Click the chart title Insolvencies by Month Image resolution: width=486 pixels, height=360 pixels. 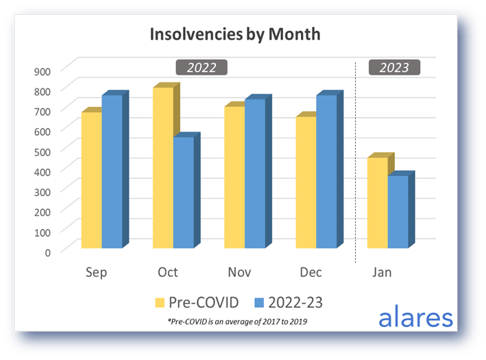pyautogui.click(x=236, y=34)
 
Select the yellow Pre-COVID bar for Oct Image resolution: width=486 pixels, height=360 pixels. pyautogui.click(x=162, y=168)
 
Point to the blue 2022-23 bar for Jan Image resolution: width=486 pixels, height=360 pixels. pyautogui.click(x=398, y=212)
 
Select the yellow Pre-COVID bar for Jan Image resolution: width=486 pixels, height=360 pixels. pyautogui.click(x=376, y=203)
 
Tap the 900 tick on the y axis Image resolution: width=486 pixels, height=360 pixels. pyautogui.click(x=42, y=71)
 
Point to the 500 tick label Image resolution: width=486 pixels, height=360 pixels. pyautogui.click(x=42, y=151)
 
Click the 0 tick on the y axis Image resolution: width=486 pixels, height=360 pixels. pyautogui.click(x=47, y=252)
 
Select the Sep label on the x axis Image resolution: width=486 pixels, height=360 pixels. pyautogui.click(x=97, y=272)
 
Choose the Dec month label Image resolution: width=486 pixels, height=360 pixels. pyautogui.click(x=311, y=272)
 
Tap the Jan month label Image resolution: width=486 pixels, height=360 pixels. pyautogui.click(x=382, y=272)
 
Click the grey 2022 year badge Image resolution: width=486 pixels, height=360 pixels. pyautogui.click(x=202, y=67)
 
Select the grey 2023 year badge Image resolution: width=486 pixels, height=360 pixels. pyautogui.click(x=394, y=67)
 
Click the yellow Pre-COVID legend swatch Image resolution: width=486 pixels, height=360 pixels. pyautogui.click(x=160, y=301)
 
